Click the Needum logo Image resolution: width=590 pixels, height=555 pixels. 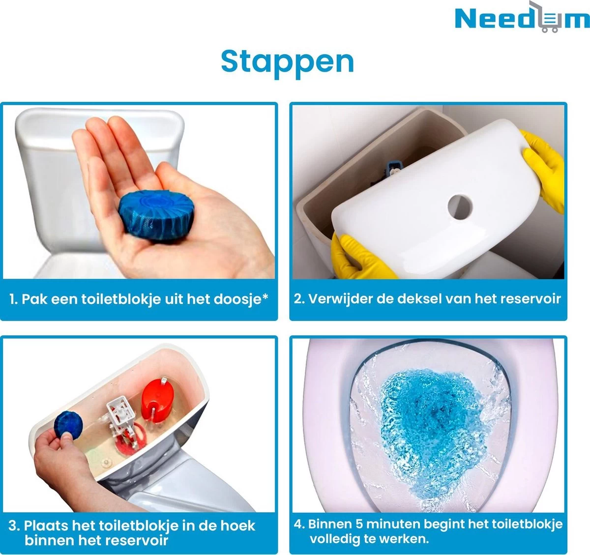[x=521, y=18]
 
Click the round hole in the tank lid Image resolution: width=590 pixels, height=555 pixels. [x=460, y=206]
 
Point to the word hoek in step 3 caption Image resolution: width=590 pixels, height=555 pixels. [x=237, y=526]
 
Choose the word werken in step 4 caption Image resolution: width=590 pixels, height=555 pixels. [x=404, y=539]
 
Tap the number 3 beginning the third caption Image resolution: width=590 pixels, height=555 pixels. [x=13, y=526]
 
